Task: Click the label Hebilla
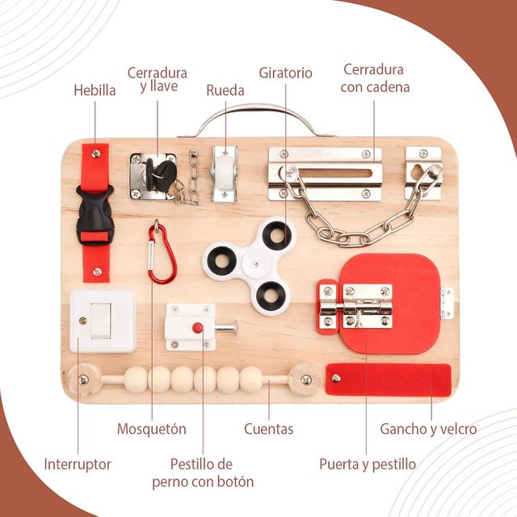click(x=95, y=90)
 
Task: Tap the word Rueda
click(x=225, y=90)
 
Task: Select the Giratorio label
click(x=285, y=73)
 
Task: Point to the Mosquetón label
click(x=152, y=429)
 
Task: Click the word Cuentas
click(x=269, y=429)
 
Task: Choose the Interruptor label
click(x=78, y=464)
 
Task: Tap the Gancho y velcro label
click(x=428, y=429)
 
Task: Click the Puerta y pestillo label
click(x=368, y=464)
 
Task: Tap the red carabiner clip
click(x=162, y=252)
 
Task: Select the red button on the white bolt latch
click(x=197, y=328)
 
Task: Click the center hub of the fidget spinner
click(x=256, y=263)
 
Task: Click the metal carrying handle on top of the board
click(x=257, y=120)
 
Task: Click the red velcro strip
click(x=389, y=379)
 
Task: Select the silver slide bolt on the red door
click(x=356, y=307)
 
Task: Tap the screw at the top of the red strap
click(x=96, y=153)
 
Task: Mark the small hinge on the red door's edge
click(x=447, y=304)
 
